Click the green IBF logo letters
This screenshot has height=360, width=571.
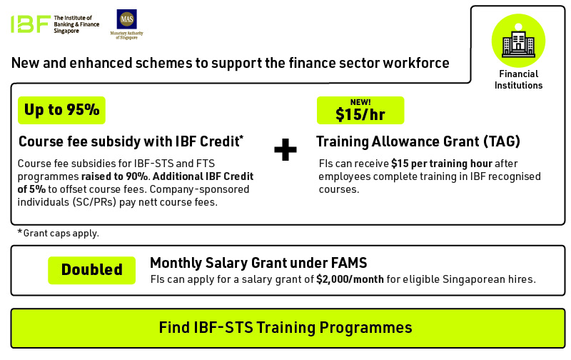31,24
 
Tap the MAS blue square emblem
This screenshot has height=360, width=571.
127,19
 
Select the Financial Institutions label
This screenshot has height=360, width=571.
518,79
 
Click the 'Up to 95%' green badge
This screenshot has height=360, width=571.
61,110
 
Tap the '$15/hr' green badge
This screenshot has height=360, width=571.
360,110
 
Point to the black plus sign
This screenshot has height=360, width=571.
285,149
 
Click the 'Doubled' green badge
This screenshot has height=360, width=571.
92,270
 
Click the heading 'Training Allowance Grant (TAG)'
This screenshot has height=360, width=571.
418,141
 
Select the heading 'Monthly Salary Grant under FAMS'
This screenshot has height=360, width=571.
258,263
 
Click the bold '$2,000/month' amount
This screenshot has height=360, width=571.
350,279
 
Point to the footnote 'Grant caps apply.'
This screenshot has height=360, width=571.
61,233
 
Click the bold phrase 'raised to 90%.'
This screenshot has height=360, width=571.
115,176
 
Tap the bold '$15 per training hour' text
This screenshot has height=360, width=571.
442,164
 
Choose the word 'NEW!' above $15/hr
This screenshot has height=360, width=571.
360,102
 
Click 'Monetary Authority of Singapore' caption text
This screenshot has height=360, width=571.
127,35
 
